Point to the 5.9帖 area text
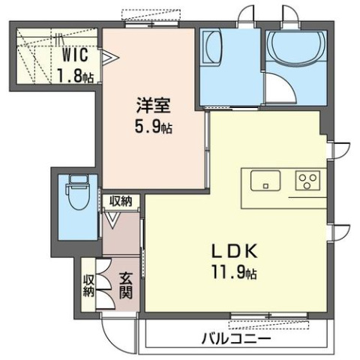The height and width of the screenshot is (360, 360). (x=154, y=127)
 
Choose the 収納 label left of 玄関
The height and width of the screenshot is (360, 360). (x=88, y=285)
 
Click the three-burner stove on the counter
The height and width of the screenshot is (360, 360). (x=307, y=181)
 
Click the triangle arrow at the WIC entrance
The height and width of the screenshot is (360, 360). (x=109, y=55)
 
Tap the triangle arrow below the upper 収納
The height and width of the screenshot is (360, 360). (x=112, y=220)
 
